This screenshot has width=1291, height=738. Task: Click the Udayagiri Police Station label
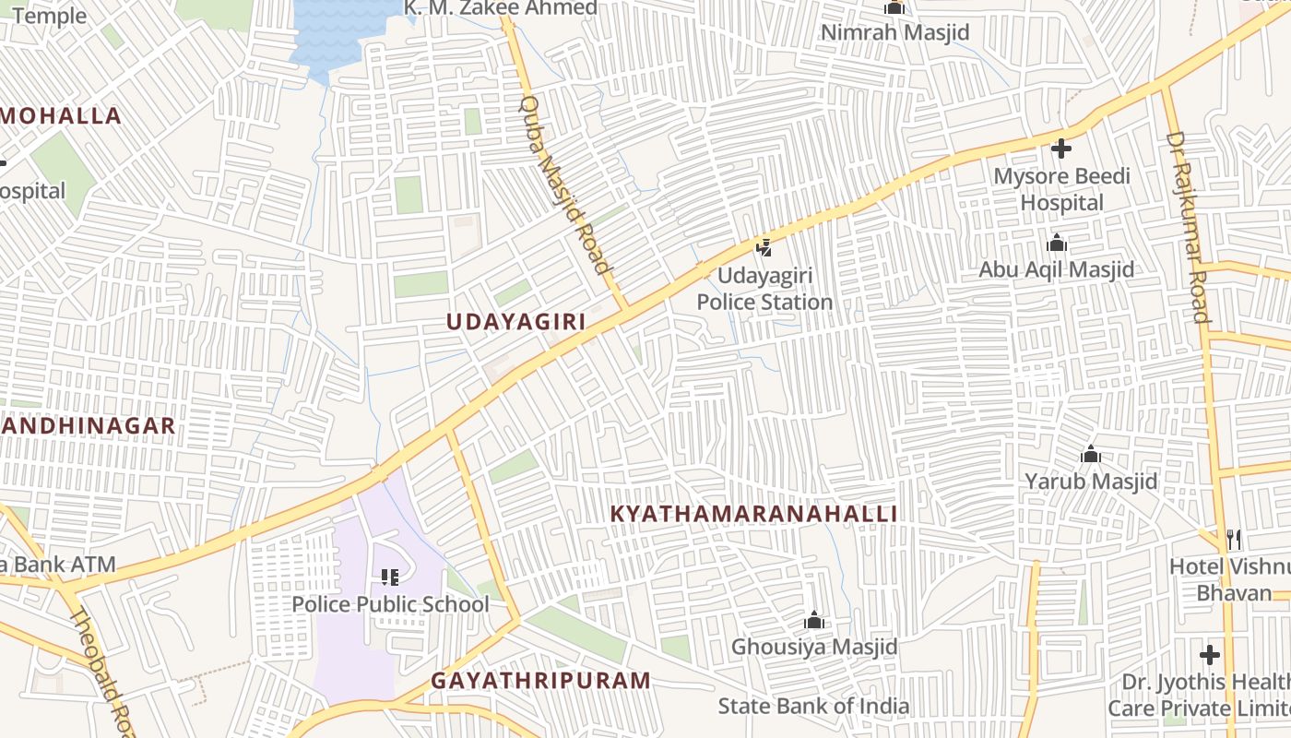[x=764, y=289]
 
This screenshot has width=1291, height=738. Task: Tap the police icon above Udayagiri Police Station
[x=764, y=247]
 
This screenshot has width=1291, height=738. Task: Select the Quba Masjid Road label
[x=566, y=185]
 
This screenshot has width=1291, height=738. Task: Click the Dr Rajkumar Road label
[x=1188, y=227]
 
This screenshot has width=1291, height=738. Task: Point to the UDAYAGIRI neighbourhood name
[x=516, y=322]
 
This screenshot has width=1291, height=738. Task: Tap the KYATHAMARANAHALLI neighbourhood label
[x=753, y=514]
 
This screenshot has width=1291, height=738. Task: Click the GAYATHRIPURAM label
[x=541, y=681]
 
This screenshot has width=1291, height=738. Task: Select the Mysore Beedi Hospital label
[x=1061, y=189]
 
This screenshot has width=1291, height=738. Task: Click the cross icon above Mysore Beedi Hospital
[x=1061, y=148]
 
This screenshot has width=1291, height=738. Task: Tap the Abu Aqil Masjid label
[x=1057, y=270]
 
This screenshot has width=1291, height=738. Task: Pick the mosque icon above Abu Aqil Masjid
[x=1057, y=243]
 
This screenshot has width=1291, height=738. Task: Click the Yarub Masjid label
[x=1092, y=482]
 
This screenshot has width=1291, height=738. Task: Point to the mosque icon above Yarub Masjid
[x=1091, y=454]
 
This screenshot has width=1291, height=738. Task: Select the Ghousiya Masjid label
[x=814, y=647]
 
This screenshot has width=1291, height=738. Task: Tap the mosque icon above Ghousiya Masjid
[x=813, y=620]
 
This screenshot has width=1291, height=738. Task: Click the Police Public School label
[x=391, y=605]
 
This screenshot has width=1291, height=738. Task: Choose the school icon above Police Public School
[x=390, y=577]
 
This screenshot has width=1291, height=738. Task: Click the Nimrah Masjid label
[x=894, y=33]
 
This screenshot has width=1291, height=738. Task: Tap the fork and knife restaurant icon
[x=1234, y=539]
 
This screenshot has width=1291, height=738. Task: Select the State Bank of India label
[x=814, y=707]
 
